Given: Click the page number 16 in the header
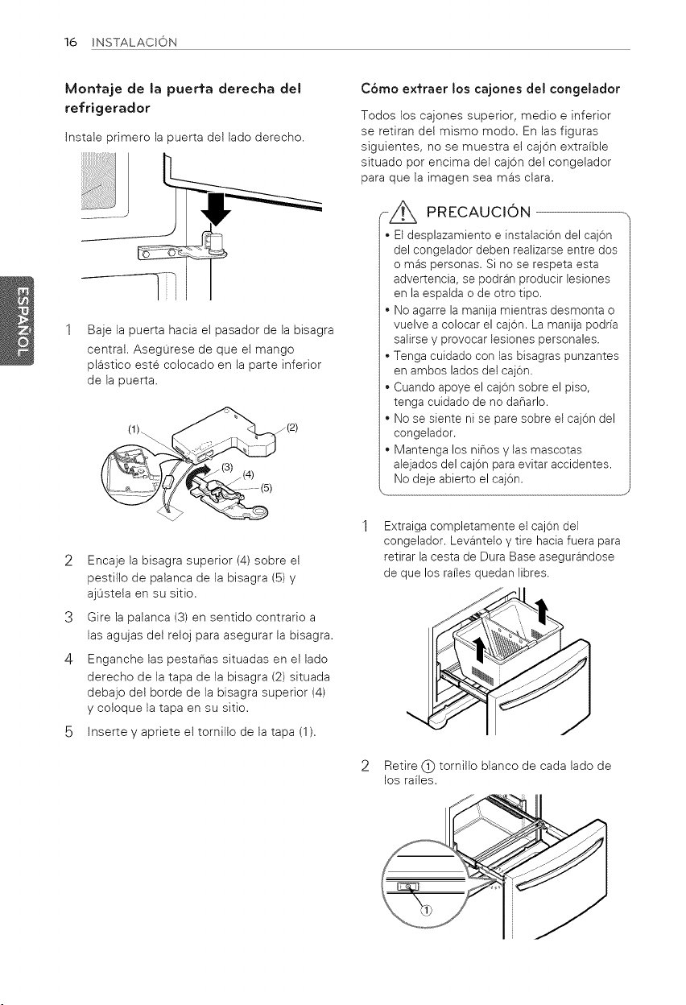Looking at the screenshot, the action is point(71,42).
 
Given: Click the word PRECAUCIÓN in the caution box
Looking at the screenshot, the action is point(478,211).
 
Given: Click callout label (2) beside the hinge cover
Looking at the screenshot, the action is point(292,427).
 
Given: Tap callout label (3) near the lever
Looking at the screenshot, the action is point(228,467).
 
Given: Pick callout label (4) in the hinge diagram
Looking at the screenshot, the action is point(248,474).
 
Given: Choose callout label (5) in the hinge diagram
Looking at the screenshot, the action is point(267,488).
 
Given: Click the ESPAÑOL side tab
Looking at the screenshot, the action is point(18,321).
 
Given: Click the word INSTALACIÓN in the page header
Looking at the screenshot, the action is point(134,43).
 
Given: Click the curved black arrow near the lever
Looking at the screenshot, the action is point(197,476).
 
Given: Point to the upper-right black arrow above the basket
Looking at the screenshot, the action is point(543,611).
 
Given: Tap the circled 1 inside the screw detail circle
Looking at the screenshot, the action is point(426,910).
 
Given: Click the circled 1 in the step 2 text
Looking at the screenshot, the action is point(428,766).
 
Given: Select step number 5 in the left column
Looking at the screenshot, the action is point(68,732).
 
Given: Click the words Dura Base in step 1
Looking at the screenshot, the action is point(509,556).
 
